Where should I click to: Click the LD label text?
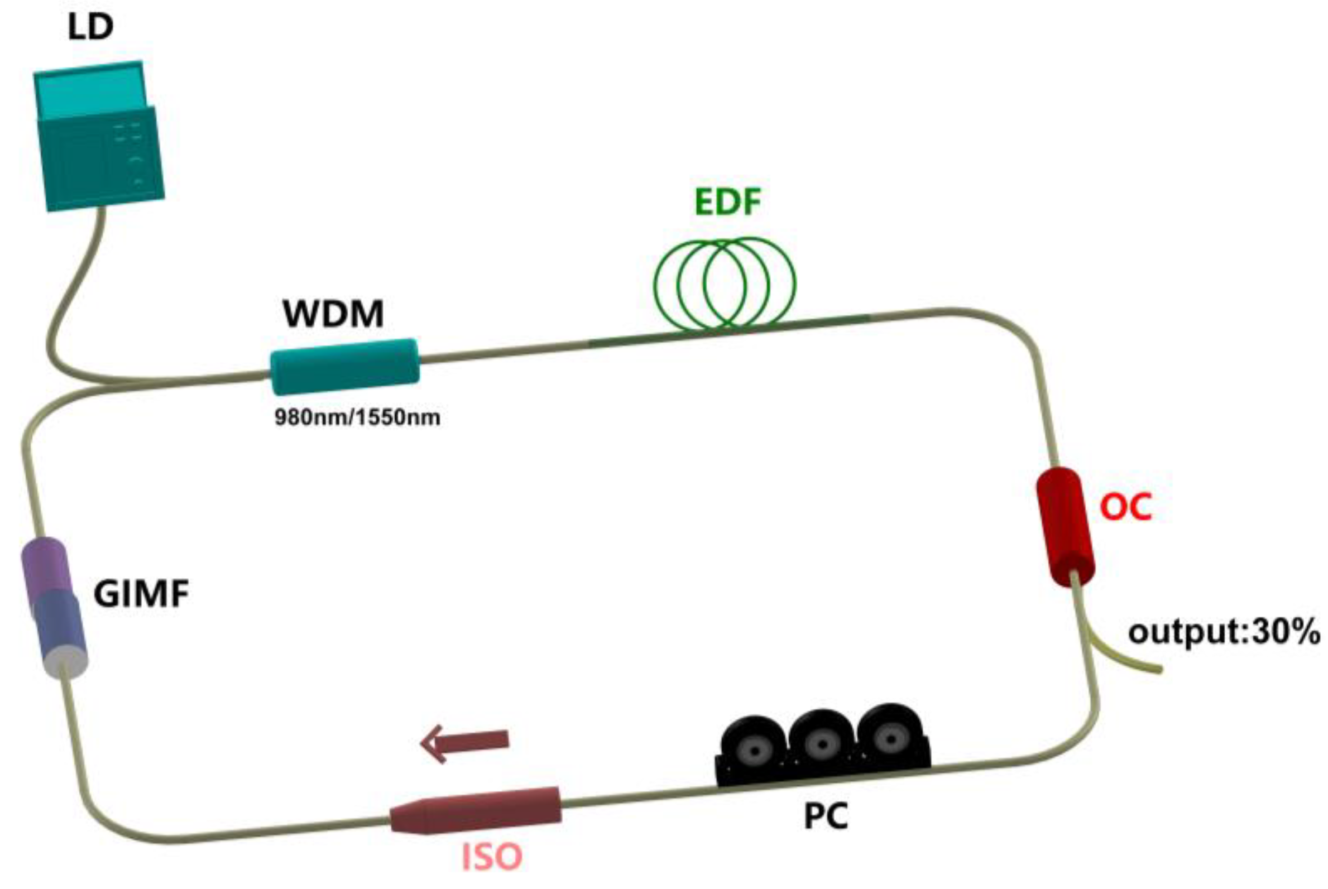(91, 27)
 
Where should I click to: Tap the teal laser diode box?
(99, 139)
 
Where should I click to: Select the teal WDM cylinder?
(345, 366)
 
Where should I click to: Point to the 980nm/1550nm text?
(357, 418)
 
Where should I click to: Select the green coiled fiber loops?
(724, 283)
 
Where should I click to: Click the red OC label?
(1125, 506)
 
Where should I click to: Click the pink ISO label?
(492, 857)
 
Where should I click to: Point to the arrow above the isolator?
(464, 743)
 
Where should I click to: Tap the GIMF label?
(141, 594)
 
